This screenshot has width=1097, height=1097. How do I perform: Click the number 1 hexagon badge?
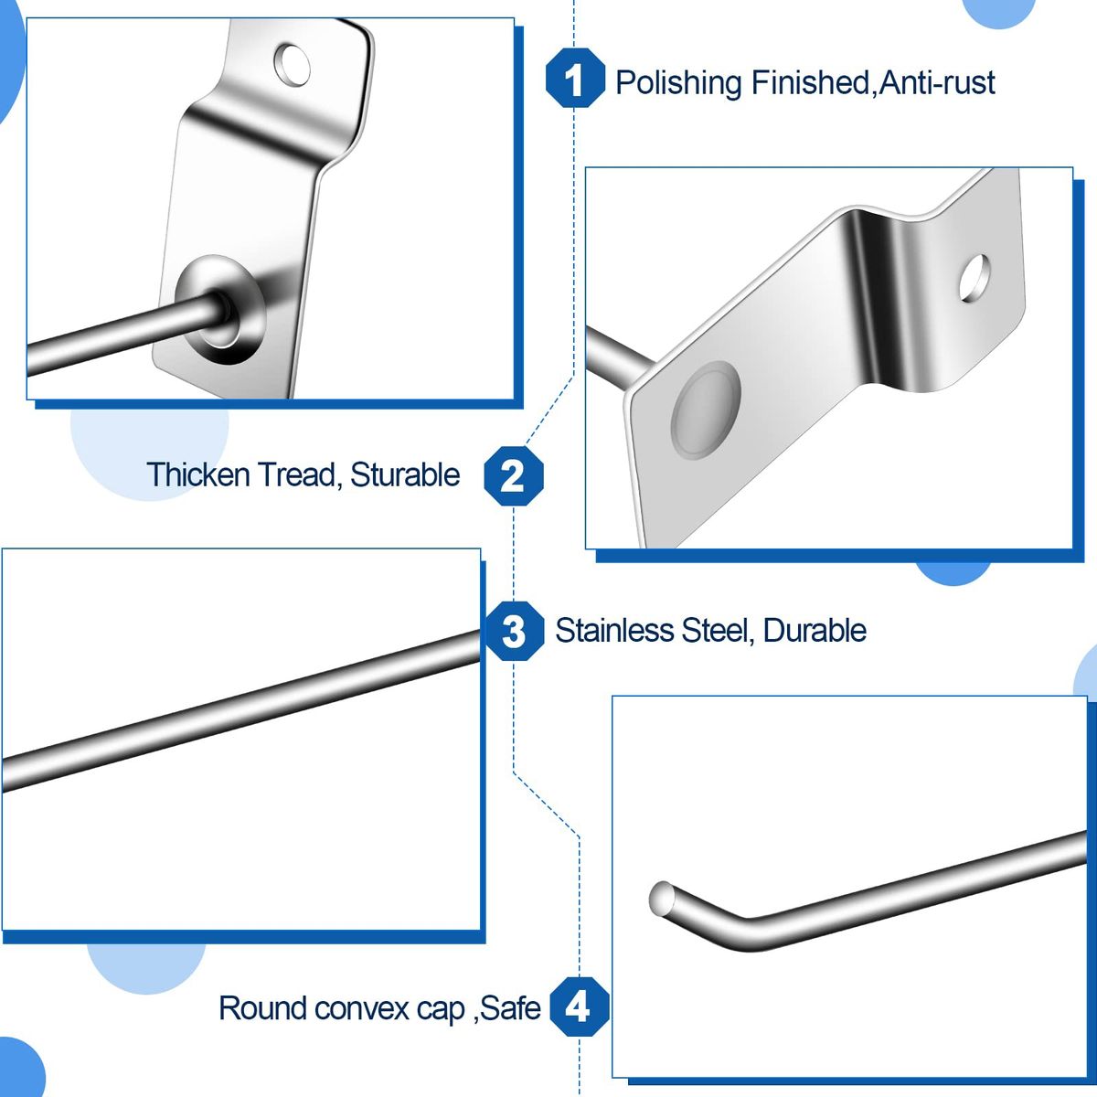click(x=574, y=80)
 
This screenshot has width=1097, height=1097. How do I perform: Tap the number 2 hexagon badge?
click(x=513, y=475)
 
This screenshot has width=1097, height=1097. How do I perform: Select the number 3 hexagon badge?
click(x=514, y=631)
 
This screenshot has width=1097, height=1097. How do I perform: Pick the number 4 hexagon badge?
click(x=579, y=1007)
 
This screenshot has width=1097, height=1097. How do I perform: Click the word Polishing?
click(x=678, y=83)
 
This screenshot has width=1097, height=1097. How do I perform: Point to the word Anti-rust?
click(x=937, y=83)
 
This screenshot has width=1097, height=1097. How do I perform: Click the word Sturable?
click(x=405, y=475)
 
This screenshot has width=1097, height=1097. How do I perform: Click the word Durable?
click(x=815, y=631)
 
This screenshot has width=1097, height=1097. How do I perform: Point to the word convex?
click(x=360, y=1008)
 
